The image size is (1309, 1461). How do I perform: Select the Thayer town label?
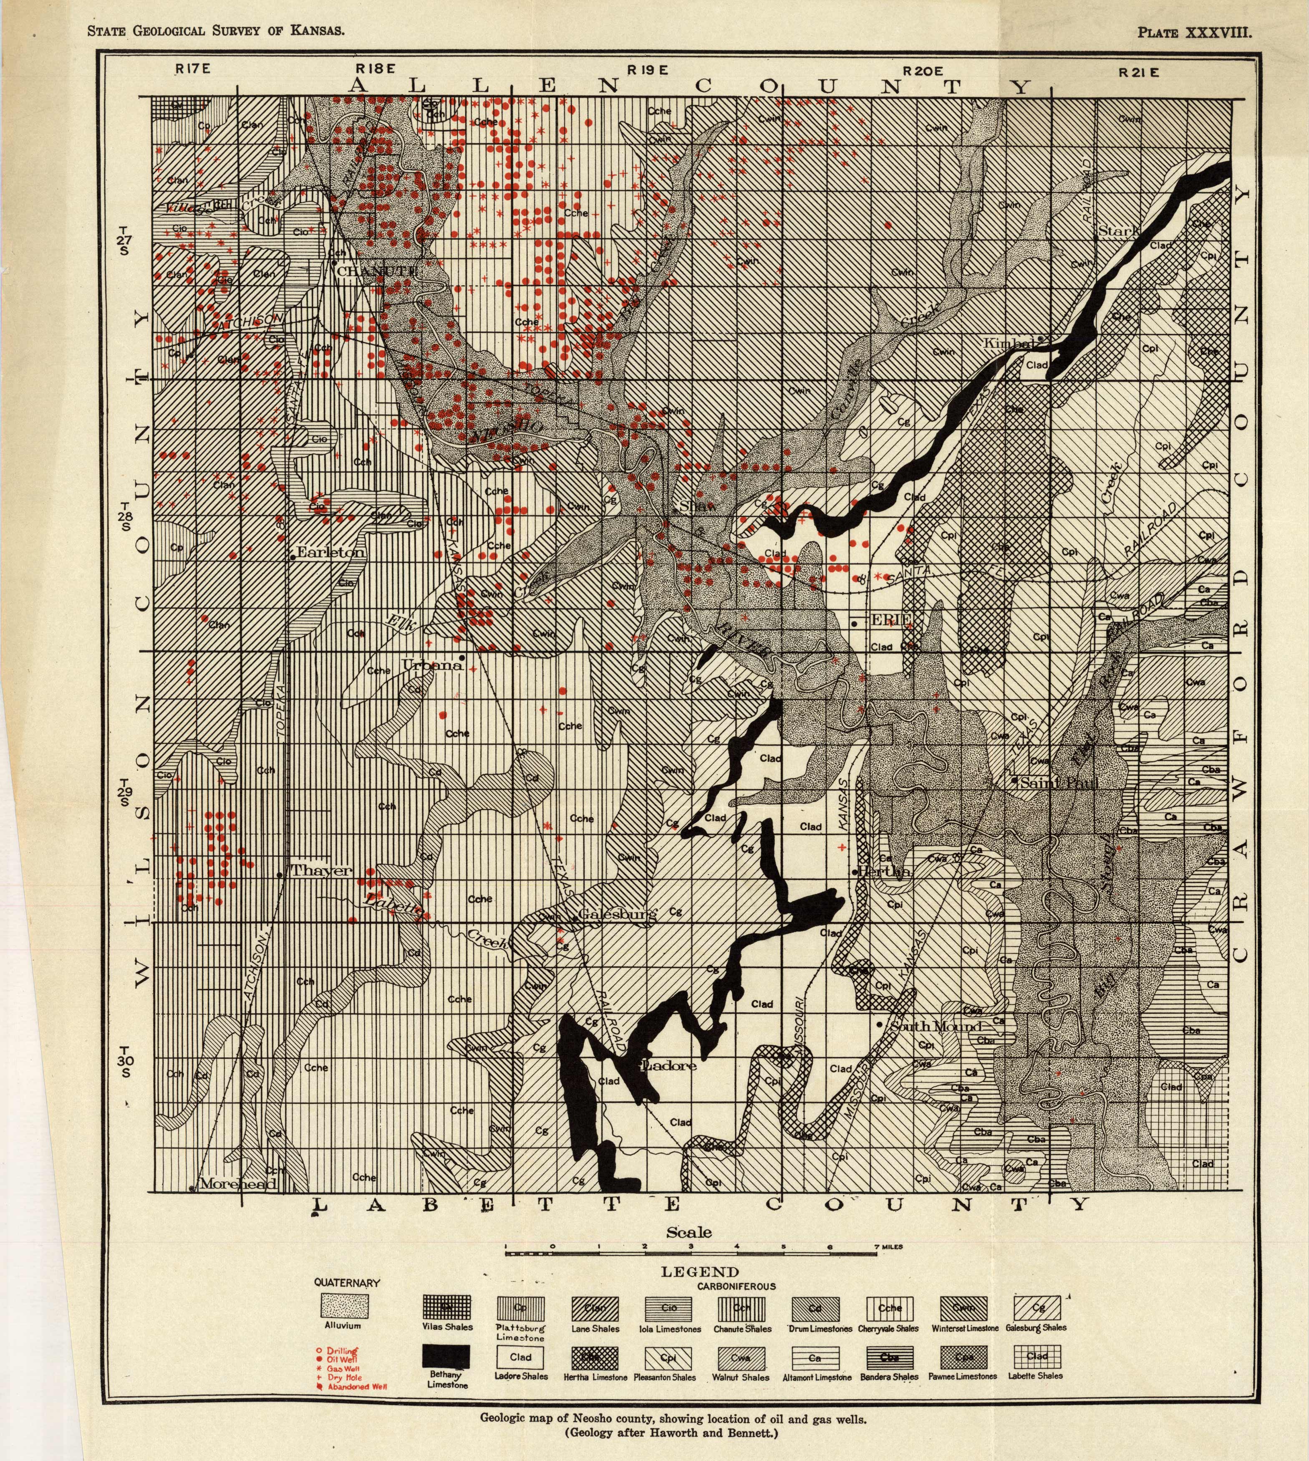point(321,871)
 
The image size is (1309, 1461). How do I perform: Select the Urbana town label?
point(431,665)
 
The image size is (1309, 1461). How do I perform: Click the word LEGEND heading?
point(700,1272)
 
